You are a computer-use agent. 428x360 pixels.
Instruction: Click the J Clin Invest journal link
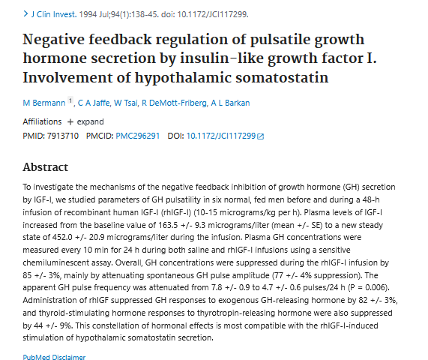54,14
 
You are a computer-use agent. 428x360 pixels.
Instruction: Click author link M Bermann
44,103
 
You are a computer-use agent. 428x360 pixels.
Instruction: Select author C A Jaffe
94,103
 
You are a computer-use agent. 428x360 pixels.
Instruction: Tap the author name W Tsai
126,103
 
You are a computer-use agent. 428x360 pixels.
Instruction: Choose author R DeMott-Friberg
174,103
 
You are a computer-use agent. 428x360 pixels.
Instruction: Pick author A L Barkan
230,103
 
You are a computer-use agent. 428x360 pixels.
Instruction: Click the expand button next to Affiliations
85,121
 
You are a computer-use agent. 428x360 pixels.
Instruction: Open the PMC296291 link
138,136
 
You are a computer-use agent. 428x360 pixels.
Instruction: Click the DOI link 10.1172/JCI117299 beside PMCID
221,136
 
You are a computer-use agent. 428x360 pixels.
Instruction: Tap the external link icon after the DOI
261,136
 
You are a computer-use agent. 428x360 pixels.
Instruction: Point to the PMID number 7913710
63,136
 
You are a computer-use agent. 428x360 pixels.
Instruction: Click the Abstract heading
45,167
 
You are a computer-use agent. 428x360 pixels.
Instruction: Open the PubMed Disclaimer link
54,357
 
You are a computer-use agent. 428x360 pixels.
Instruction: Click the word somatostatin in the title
282,77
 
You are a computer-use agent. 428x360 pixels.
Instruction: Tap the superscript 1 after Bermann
70,100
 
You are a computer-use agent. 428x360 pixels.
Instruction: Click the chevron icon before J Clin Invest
25,13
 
